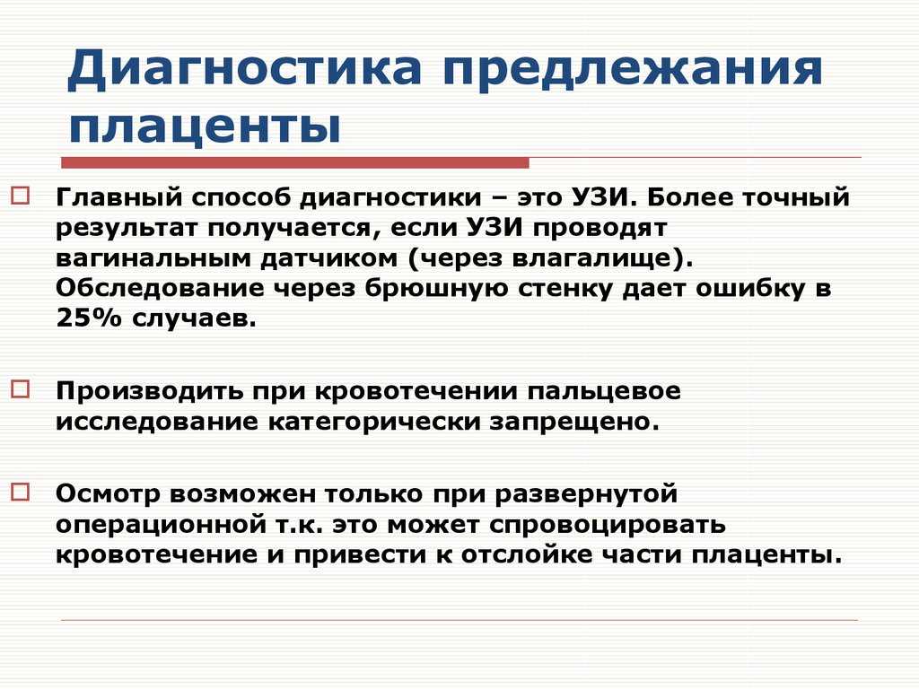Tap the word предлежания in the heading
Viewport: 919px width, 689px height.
633,69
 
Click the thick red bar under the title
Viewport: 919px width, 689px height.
294,162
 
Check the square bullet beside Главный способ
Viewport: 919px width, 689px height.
21,195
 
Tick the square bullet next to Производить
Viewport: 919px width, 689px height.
21,389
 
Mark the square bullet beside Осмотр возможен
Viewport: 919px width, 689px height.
21,492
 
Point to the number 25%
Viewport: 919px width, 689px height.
89,318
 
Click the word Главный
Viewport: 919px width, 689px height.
119,197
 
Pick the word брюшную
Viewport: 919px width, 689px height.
436,288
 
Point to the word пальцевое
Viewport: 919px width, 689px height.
604,391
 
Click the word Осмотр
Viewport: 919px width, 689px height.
108,494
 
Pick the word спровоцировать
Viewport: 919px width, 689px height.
608,525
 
